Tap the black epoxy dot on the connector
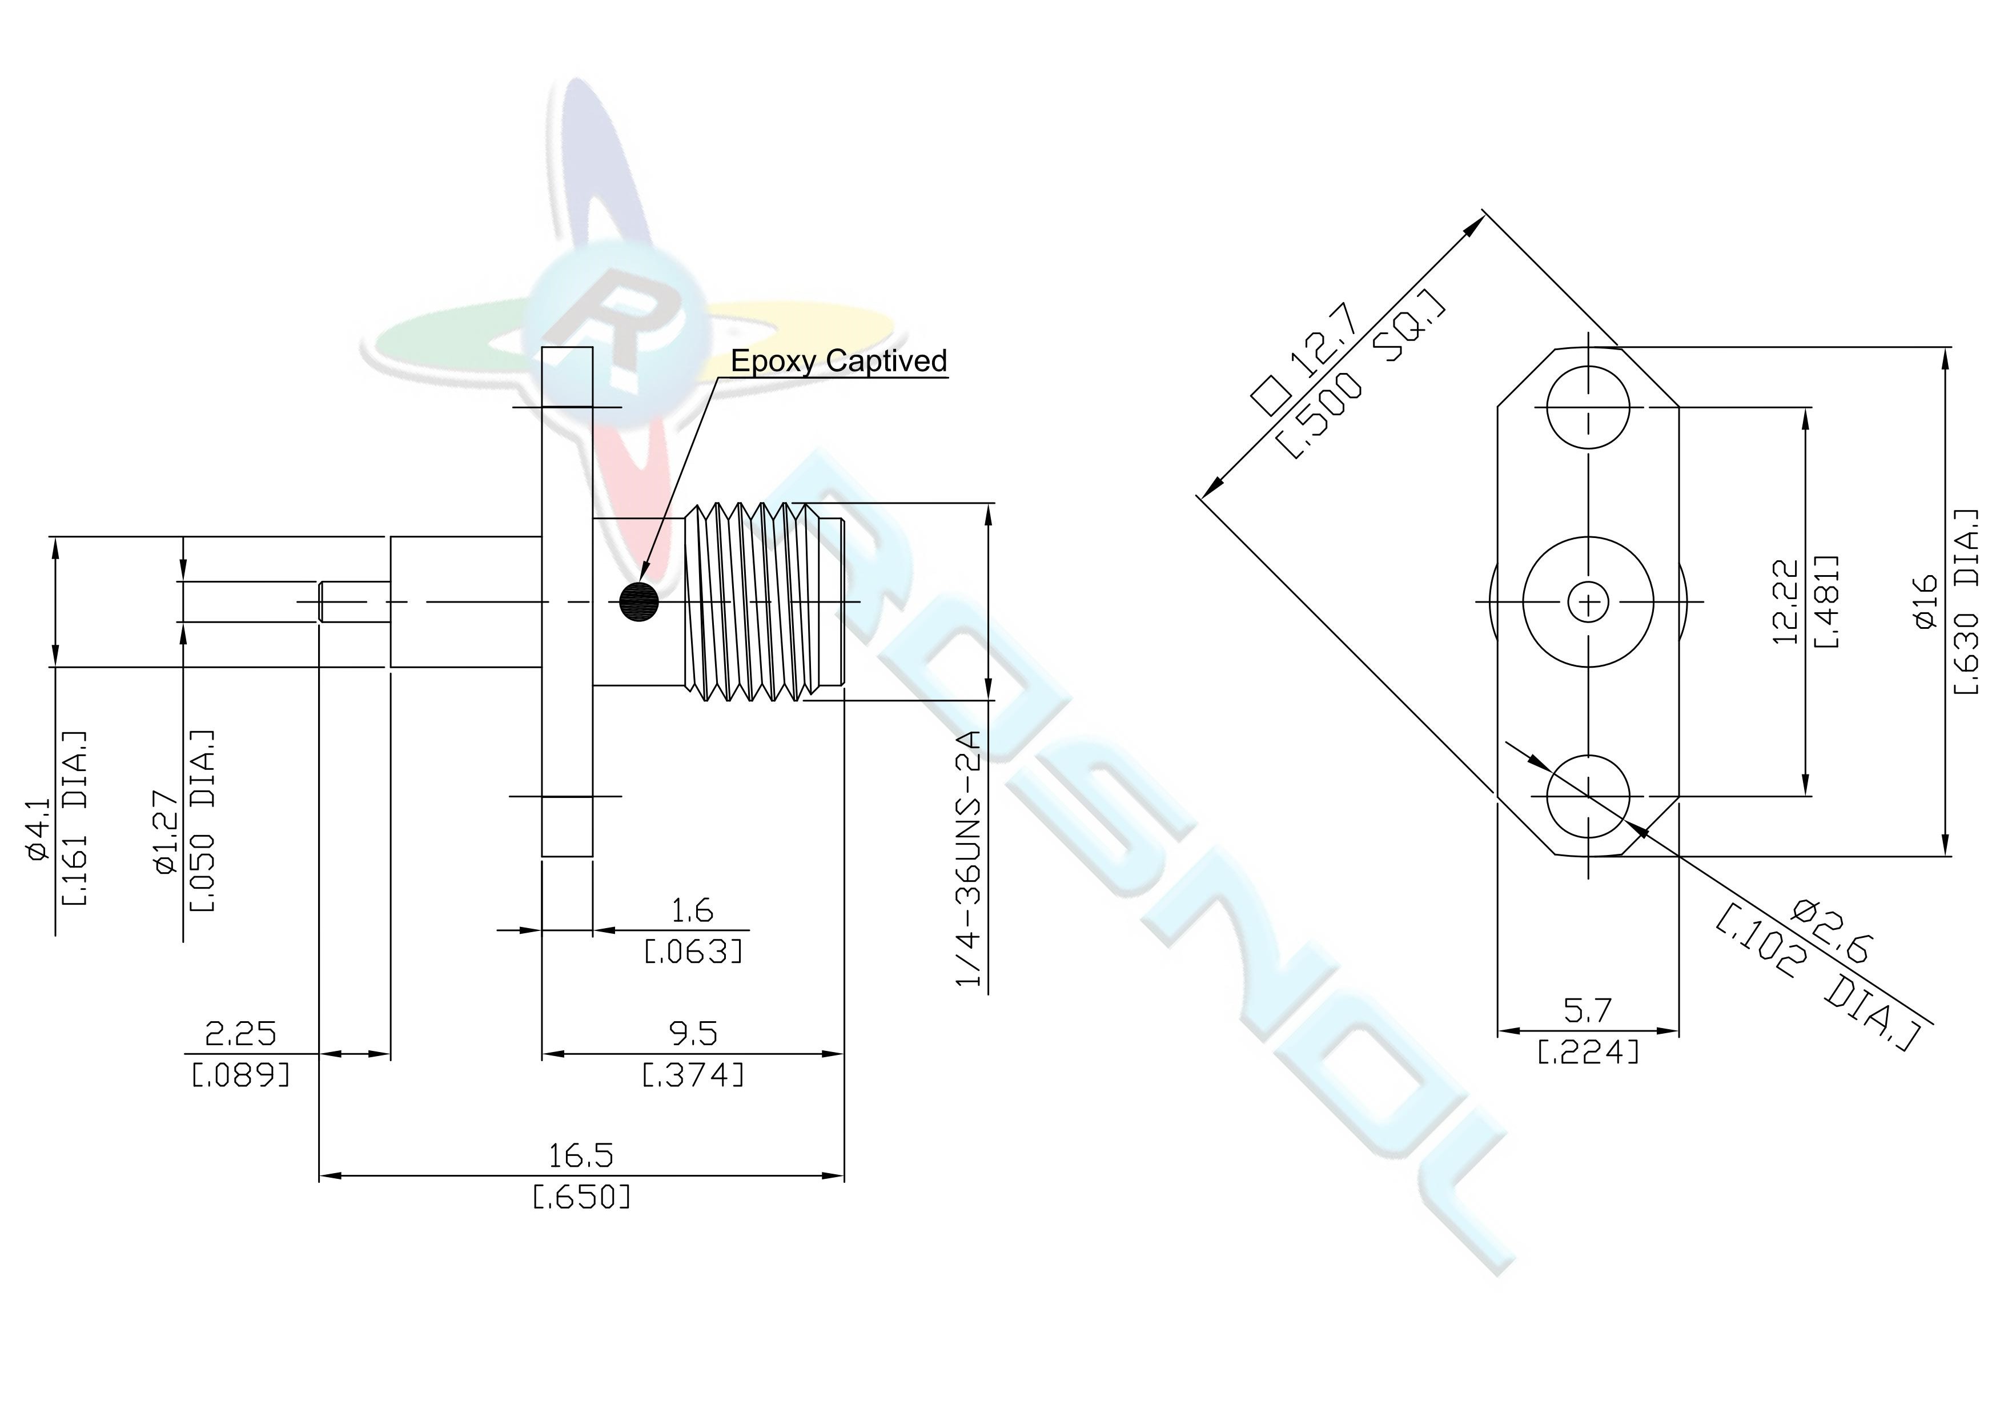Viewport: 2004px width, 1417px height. coord(639,601)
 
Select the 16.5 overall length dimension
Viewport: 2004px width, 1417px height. coord(580,1155)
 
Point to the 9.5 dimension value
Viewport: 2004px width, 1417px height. coord(693,1034)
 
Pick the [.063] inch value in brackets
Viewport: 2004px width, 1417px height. coord(693,951)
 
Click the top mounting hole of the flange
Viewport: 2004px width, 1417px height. coord(1588,407)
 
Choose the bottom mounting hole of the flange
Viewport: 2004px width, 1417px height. coord(1588,796)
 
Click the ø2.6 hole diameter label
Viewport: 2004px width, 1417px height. coord(1831,932)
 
